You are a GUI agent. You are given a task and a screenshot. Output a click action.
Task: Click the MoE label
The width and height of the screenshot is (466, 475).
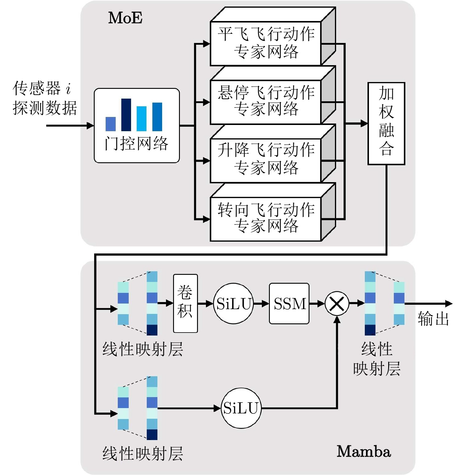pos(125,18)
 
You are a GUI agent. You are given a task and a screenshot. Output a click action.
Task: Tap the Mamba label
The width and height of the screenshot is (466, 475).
pos(364,452)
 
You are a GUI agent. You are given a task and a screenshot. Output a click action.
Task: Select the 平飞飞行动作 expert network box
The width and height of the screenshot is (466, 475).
pos(265,43)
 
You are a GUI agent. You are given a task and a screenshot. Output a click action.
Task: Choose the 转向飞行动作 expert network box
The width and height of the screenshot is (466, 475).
pos(265,219)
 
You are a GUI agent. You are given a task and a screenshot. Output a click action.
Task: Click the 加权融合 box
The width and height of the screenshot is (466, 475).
pos(386,123)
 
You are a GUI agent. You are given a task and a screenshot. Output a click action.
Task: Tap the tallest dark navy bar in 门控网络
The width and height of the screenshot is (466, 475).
pos(126,115)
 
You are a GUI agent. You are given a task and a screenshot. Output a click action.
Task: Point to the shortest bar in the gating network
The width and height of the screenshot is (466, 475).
pos(111,124)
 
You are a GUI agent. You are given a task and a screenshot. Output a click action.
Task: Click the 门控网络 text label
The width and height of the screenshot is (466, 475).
pos(136,144)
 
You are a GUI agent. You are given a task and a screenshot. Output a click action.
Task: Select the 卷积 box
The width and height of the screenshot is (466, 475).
pos(185,303)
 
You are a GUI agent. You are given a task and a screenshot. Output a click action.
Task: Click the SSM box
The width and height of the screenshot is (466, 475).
pos(289,303)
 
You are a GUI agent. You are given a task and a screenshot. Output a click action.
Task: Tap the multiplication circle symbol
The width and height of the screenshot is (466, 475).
pos(337,304)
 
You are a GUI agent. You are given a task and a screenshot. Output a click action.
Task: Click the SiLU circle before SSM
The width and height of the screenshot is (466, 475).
pos(233,304)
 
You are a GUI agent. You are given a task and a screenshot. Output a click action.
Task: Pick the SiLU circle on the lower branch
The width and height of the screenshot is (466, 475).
pos(241,408)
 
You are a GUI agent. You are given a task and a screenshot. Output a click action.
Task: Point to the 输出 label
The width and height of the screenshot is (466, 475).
pos(433,319)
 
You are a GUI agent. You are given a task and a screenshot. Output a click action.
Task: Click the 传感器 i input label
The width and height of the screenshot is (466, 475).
pos(42,88)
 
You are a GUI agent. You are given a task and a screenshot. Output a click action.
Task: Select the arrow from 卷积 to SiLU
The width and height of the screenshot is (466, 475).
pos(205,304)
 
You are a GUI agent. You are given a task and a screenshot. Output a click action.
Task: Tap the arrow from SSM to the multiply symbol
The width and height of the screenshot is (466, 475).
pos(317,304)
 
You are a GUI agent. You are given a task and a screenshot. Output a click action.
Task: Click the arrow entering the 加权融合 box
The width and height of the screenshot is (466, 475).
pos(356,123)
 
